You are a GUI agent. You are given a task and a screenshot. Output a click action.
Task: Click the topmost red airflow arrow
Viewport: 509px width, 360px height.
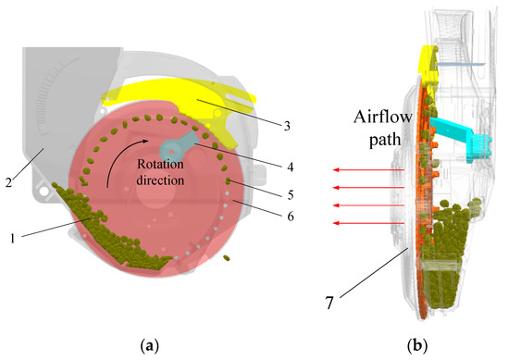368,170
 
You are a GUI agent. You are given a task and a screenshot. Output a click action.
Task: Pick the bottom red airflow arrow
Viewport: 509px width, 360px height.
368,223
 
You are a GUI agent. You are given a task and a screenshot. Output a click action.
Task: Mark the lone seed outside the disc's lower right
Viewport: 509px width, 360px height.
227,256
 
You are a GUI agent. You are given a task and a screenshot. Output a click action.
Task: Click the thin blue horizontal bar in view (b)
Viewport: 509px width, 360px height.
464,64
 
